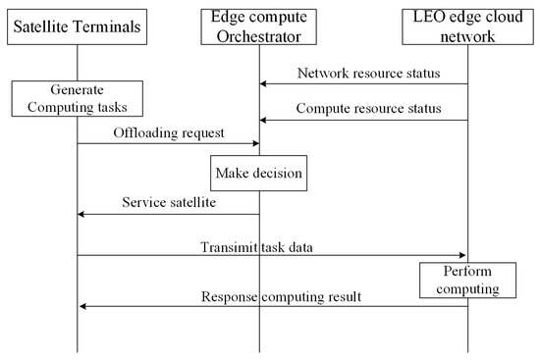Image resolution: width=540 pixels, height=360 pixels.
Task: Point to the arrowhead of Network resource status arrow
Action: click(x=264, y=85)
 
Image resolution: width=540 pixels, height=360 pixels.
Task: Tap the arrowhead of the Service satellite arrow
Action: click(x=81, y=215)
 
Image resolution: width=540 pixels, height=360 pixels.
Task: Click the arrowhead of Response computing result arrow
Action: click(x=81, y=306)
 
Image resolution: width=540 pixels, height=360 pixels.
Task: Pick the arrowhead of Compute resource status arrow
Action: click(x=264, y=120)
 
